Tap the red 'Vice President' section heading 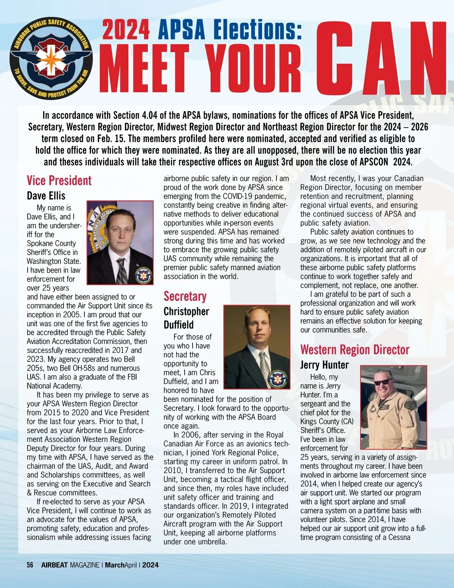(59, 181)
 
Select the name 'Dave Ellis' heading (46, 196)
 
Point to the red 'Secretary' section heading (185, 296)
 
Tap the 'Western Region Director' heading (354, 349)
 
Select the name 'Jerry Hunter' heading (324, 365)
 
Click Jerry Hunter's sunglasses (383, 382)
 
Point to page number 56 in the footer (30, 565)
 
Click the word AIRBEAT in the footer (54, 565)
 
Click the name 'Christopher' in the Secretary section (186, 311)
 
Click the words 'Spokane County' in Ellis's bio (51, 243)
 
